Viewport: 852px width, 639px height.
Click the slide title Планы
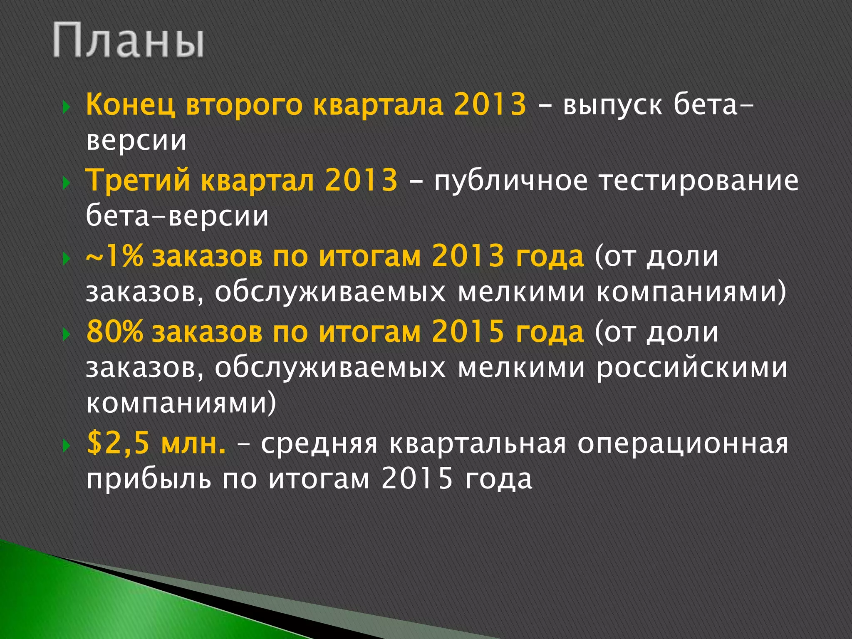[128, 41]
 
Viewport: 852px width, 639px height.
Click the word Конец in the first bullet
[130, 104]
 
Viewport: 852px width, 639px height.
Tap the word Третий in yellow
[137, 180]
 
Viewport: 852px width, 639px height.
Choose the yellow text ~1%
[114, 256]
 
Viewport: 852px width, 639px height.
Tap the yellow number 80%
[114, 332]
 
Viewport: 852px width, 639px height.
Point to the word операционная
[683, 443]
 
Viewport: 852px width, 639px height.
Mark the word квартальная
[478, 443]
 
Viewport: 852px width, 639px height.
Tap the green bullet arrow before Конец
[65, 107]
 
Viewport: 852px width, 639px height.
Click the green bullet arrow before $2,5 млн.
[65, 446]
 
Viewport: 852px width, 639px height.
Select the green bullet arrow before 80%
[65, 334]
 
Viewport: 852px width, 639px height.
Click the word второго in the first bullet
[244, 105]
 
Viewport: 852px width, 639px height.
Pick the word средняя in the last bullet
[319, 444]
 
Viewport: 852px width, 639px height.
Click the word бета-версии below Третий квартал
[177, 216]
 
